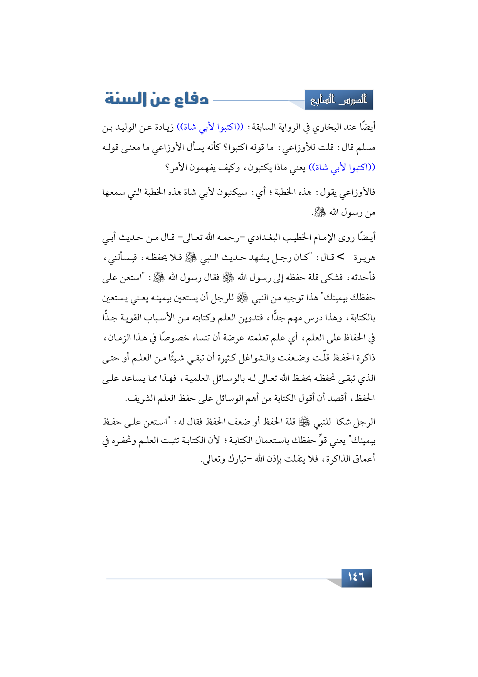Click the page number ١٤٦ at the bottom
[x=356, y=578]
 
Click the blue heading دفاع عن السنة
[x=157, y=99]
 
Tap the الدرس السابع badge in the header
[x=339, y=100]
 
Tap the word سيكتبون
[x=232, y=192]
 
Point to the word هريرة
[x=364, y=258]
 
